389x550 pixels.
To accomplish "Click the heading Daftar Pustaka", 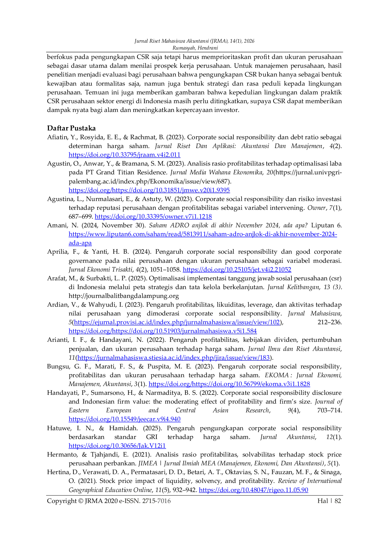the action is (71, 128).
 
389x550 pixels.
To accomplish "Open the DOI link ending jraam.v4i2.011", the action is (125, 155).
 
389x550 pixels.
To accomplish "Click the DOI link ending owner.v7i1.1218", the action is (153, 217).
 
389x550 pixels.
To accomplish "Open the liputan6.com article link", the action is (203, 239).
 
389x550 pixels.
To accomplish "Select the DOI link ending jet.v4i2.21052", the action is (237, 270).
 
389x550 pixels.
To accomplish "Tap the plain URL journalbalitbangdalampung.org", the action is (124, 296).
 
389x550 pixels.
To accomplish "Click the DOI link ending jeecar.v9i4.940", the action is (125, 419).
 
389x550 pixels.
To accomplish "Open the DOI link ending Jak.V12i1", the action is (117, 446).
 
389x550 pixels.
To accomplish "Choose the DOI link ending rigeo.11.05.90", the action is (253, 490).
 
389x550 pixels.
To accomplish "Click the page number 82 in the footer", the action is (338, 501).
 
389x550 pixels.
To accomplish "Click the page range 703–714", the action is (329, 410).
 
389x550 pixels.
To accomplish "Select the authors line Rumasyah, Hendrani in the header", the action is (195, 48).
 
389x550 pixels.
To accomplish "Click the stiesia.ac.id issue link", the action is (174, 358).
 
